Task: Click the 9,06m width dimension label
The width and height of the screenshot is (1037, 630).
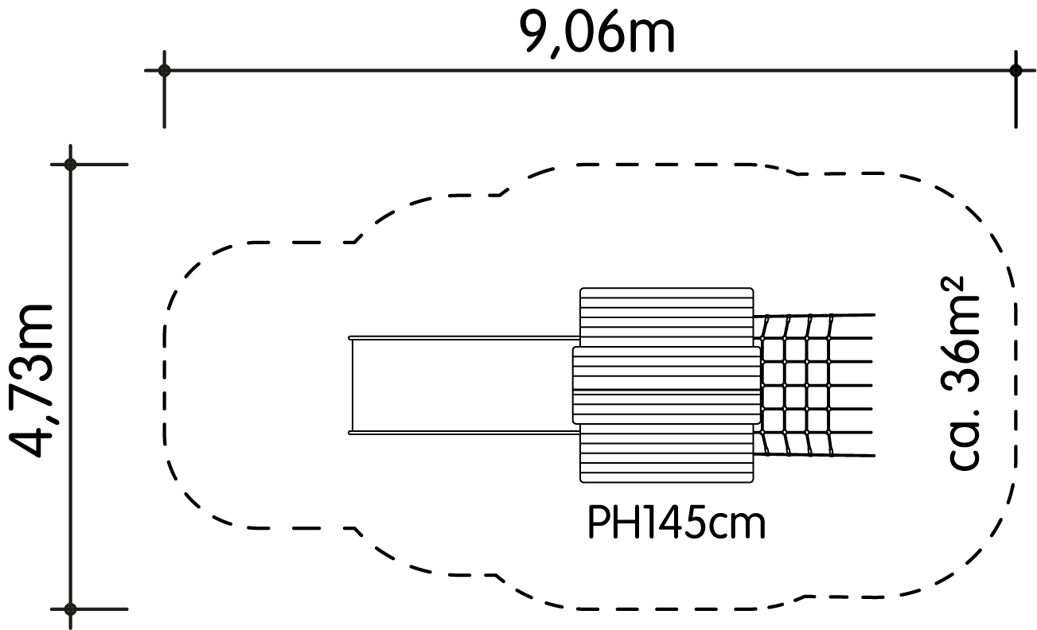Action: pyautogui.click(x=597, y=34)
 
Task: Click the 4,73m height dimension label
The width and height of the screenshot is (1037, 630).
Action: pyautogui.click(x=32, y=381)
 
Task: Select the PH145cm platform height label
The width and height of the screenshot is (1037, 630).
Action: pyautogui.click(x=676, y=523)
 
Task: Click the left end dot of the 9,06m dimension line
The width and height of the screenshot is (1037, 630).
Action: pyautogui.click(x=165, y=71)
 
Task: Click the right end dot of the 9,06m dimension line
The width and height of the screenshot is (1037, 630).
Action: pyautogui.click(x=1016, y=71)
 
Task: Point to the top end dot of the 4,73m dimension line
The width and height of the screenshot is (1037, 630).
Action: pyautogui.click(x=70, y=164)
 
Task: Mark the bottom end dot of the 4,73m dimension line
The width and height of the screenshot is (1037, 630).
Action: pyautogui.click(x=70, y=609)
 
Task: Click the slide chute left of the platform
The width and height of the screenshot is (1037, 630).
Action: pyautogui.click(x=464, y=385)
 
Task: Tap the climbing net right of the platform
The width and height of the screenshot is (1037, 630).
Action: pyautogui.click(x=815, y=385)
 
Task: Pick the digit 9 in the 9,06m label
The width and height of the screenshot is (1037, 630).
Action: pyautogui.click(x=536, y=32)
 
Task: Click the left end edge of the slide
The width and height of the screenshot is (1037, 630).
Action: pyautogui.click(x=351, y=385)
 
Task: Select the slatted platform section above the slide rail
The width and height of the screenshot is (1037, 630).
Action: pyautogui.click(x=667, y=317)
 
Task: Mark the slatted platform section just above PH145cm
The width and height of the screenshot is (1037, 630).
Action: pyautogui.click(x=667, y=453)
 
